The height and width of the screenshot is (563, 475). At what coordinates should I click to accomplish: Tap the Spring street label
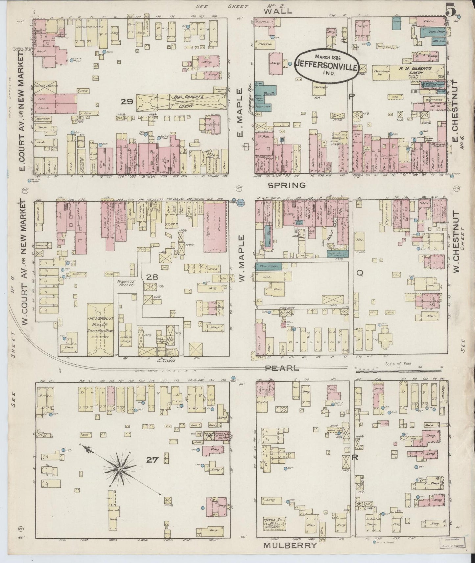pyautogui.click(x=287, y=185)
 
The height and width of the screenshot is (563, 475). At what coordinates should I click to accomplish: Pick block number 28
pyautogui.click(x=152, y=278)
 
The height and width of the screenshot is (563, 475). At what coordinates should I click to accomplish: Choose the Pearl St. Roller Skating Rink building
pyautogui.click(x=100, y=328)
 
